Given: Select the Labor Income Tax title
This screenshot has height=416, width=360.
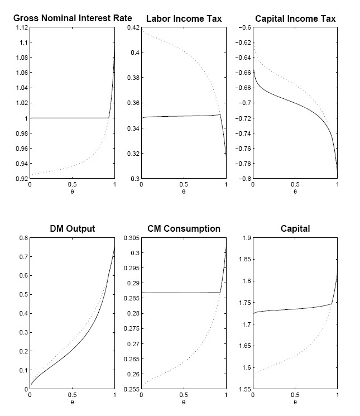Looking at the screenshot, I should point(184,19).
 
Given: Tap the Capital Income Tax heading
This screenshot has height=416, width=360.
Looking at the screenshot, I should point(295,19).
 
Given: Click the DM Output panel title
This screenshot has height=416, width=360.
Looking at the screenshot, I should point(72,229).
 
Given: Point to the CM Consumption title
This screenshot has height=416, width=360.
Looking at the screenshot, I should point(184,229).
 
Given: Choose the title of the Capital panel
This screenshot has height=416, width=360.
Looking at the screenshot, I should point(295,229).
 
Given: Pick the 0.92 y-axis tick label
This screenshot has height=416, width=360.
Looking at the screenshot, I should point(20,179).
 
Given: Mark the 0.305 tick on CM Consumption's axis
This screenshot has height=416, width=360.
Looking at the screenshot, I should point(130,238).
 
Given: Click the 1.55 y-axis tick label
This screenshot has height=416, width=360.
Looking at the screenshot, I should point(243,389).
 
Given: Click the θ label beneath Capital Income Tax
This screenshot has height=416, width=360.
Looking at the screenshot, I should point(295,192).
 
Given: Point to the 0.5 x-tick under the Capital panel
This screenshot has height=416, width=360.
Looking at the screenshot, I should point(295,395).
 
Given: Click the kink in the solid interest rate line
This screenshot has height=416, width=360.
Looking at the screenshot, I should point(108,118).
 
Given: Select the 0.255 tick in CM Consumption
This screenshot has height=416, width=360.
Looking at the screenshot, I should point(130,389).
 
